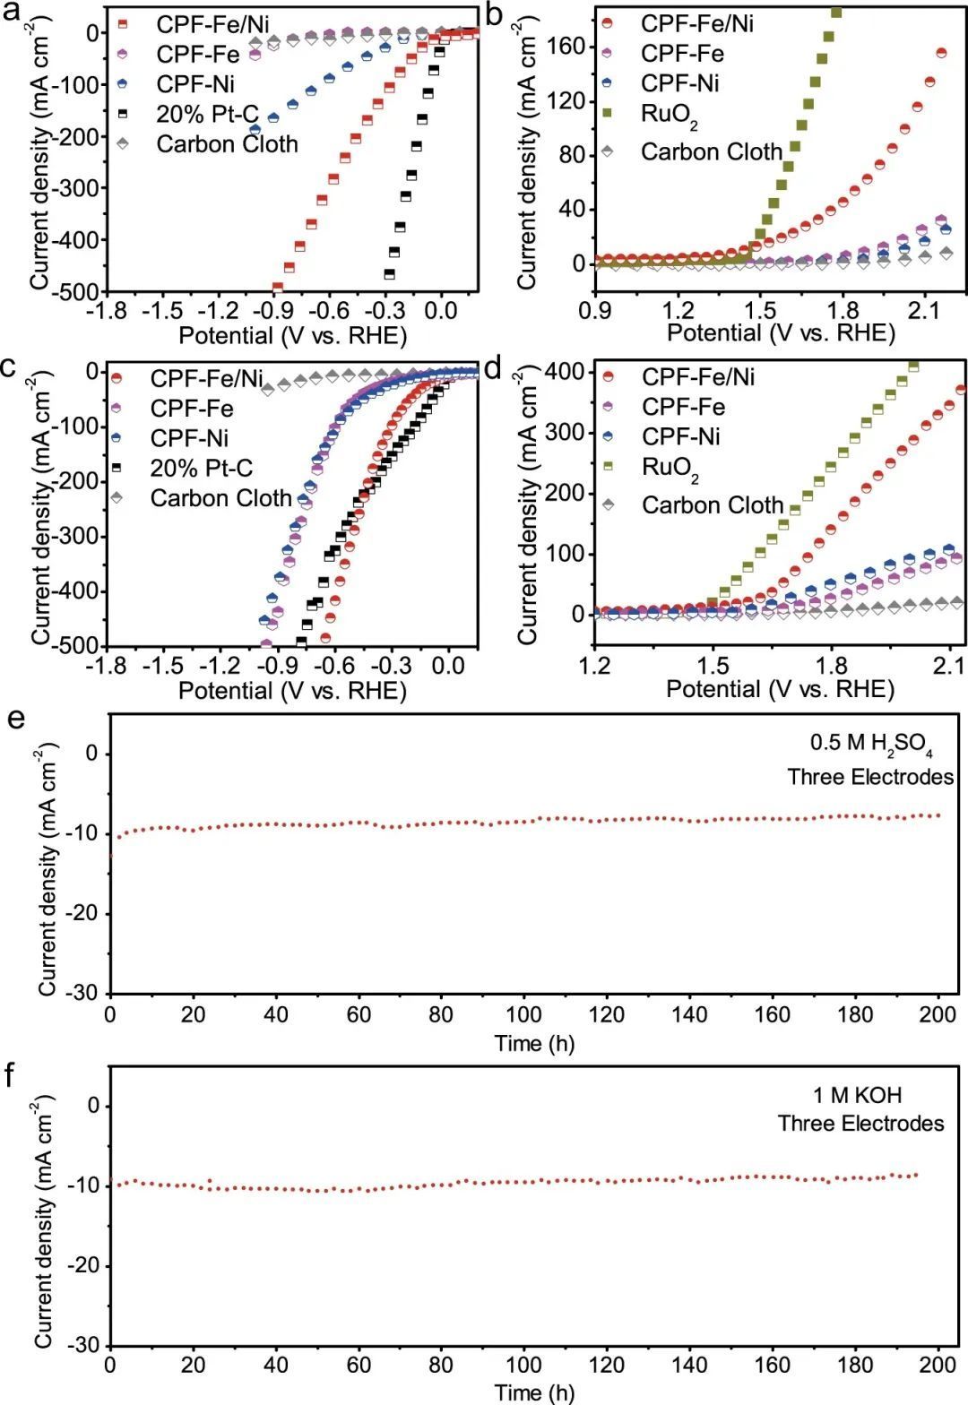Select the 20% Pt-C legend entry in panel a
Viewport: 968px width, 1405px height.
point(207,114)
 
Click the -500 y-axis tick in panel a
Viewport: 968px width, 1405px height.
point(78,291)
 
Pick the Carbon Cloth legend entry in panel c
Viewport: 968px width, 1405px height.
point(220,498)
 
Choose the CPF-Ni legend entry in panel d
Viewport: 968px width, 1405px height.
point(681,436)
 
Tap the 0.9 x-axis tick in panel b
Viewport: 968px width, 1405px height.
point(595,310)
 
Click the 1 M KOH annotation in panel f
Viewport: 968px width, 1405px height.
point(858,1095)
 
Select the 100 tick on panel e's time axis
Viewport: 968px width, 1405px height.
point(524,1015)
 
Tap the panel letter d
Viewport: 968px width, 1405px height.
point(493,367)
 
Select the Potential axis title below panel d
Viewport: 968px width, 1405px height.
point(780,689)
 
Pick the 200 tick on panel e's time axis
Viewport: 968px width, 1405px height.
point(938,1015)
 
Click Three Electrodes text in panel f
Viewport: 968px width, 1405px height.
point(860,1124)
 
